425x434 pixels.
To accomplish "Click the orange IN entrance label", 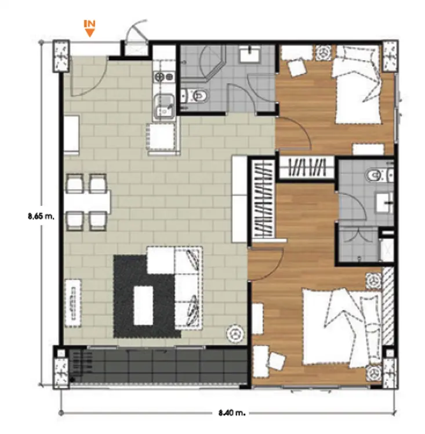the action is [89, 24].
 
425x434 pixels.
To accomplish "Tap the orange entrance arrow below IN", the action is [89, 33].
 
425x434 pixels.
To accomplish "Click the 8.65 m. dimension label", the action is [41, 216].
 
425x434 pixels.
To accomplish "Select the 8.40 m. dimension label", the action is [232, 413].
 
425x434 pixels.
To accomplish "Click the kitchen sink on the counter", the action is [164, 108].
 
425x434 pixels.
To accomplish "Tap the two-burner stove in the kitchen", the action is [164, 76].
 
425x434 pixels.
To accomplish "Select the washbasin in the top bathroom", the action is [250, 54].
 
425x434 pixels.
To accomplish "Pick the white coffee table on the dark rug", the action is [143, 306].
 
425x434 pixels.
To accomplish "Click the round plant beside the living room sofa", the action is [235, 333].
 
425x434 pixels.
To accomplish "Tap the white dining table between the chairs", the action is [88, 201].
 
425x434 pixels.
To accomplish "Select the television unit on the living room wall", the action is [73, 303].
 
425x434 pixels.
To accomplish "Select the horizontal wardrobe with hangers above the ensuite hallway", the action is [307, 167].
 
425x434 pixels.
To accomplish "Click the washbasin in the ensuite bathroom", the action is [385, 203].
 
